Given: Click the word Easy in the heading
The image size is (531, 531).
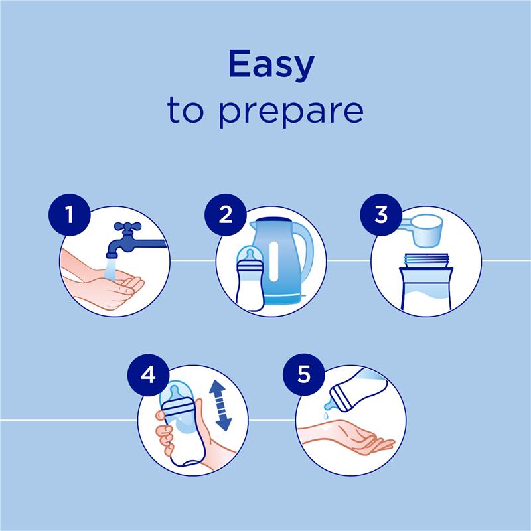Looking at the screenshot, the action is (271, 65).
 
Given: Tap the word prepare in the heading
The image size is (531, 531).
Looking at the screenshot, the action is (291, 110).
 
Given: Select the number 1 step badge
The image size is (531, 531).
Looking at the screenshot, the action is (70, 214).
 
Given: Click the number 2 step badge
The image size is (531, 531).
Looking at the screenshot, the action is (225, 214).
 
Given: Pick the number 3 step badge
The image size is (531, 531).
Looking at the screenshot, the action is (380, 214).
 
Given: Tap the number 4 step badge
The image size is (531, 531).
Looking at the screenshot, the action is (148, 375).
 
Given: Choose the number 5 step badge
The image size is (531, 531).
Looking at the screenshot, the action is (304, 375).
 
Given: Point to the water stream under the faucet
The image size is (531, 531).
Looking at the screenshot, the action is (110, 270).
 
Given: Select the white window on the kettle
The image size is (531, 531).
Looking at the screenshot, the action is (274, 262).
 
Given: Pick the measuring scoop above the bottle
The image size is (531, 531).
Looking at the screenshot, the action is (424, 230).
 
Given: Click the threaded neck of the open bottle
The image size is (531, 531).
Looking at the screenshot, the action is (426, 260).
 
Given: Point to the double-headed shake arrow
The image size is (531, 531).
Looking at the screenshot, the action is (220, 406).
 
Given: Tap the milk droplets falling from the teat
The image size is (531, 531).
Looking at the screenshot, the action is (326, 415).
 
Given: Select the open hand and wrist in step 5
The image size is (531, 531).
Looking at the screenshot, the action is (346, 437).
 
